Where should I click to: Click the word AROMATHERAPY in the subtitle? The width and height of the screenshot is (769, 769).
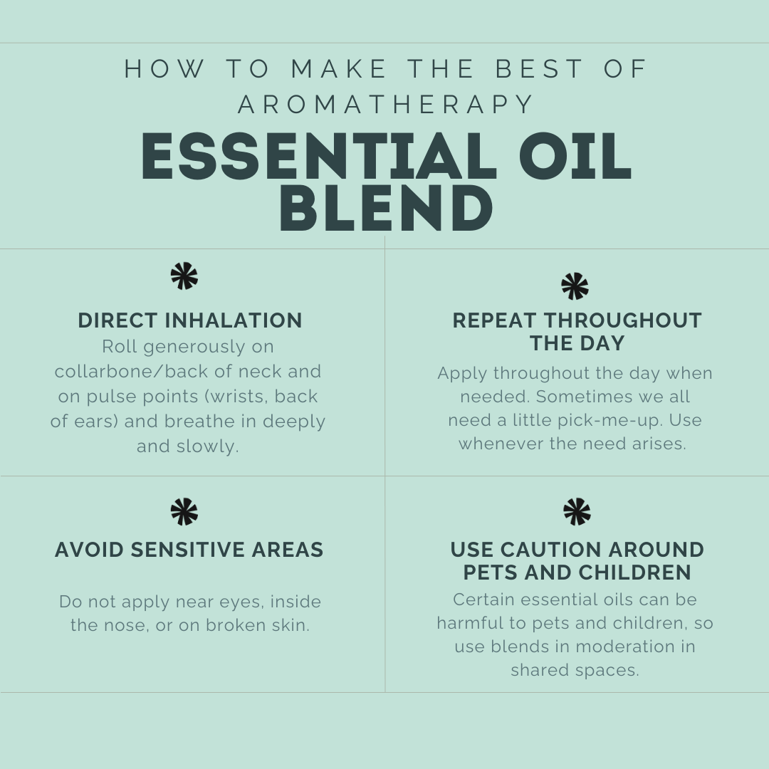(x=386, y=104)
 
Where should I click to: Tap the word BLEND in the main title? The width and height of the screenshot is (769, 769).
(x=387, y=208)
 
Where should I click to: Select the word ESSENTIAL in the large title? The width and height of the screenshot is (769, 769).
(x=316, y=157)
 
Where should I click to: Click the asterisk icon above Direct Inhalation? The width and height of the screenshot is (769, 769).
(x=184, y=276)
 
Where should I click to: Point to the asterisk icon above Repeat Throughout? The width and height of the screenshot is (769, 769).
(x=575, y=286)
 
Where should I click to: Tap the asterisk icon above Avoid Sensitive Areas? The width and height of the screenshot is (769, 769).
(x=184, y=511)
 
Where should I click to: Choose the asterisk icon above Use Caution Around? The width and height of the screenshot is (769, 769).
(x=577, y=511)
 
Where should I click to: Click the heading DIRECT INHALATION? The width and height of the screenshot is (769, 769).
(x=190, y=320)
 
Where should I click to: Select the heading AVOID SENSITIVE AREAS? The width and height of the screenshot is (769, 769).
(x=189, y=549)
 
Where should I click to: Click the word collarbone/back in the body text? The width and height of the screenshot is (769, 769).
(x=132, y=371)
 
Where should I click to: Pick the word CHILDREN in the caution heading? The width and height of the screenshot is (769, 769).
(x=634, y=572)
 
